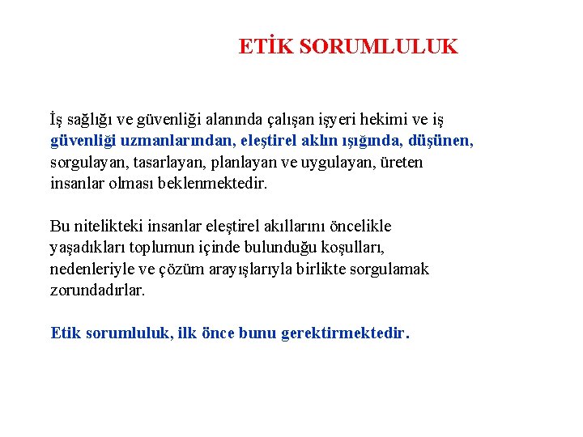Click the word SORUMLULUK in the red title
(378, 47)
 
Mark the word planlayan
(253, 162)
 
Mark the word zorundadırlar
(97, 290)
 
